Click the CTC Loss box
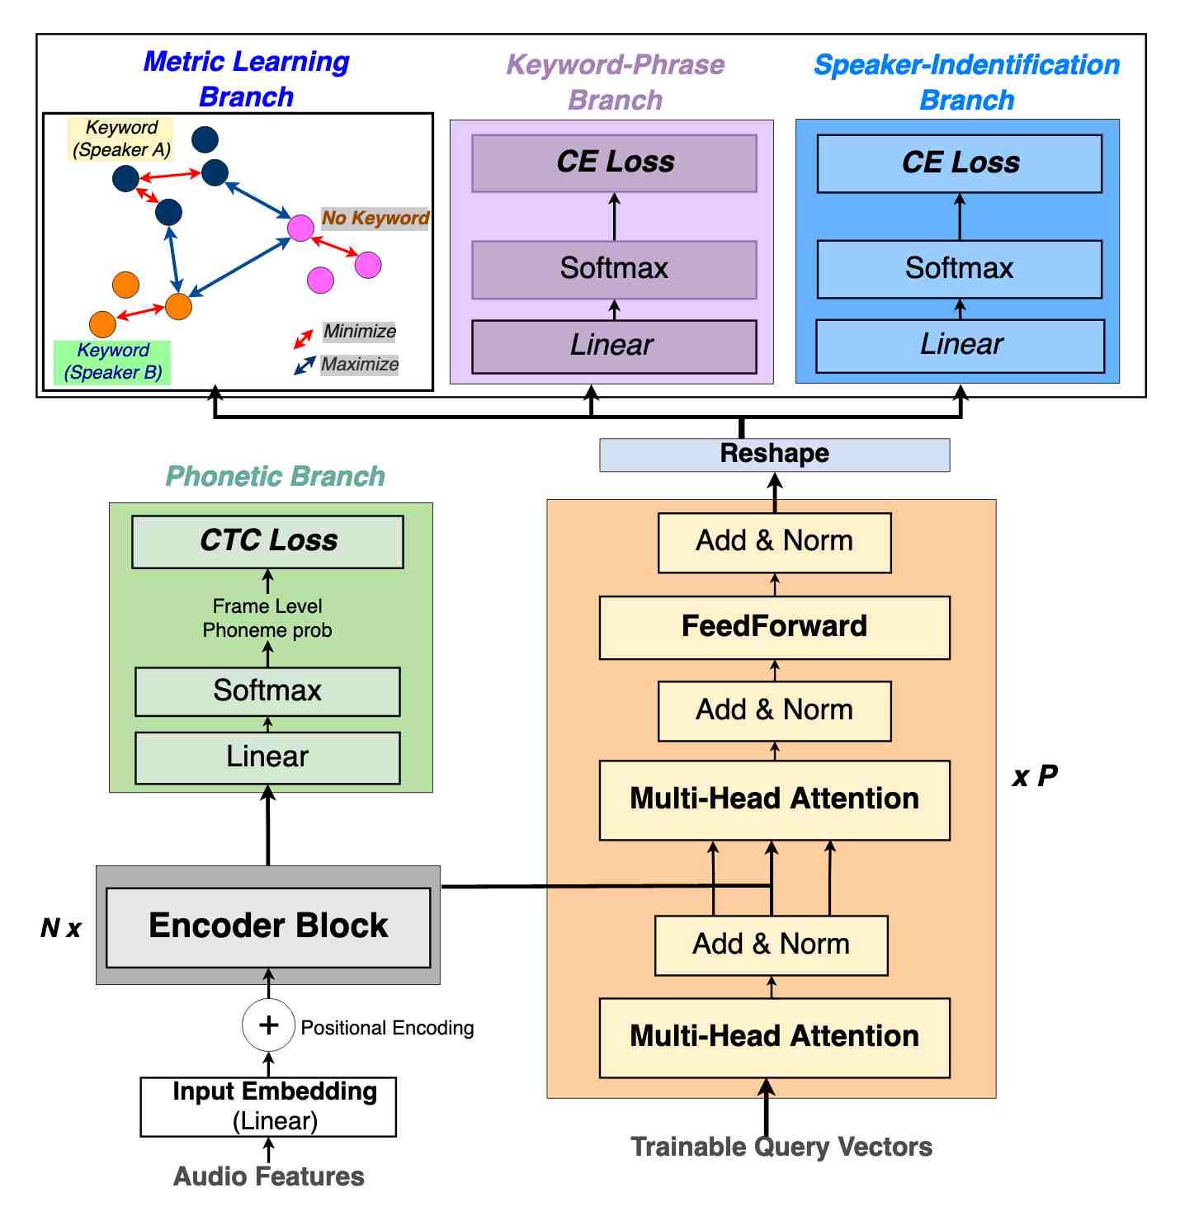[x=267, y=542]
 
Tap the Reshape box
[x=774, y=455]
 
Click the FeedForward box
[x=774, y=627]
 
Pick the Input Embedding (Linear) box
[x=268, y=1106]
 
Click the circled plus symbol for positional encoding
[x=268, y=1025]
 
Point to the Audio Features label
[x=269, y=1176]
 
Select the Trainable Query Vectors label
[x=781, y=1147]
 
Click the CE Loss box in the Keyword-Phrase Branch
[x=614, y=163]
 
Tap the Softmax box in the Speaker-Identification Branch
[x=959, y=269]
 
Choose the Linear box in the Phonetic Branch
[x=267, y=757]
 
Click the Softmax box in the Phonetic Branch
[x=267, y=691]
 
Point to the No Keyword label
[x=375, y=218]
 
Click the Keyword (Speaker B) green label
[x=113, y=361]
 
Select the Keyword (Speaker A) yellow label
[x=121, y=139]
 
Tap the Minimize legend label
[x=360, y=332]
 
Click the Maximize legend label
[x=360, y=364]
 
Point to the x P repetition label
[x=1035, y=776]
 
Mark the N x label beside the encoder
[x=61, y=928]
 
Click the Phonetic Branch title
[x=276, y=476]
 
